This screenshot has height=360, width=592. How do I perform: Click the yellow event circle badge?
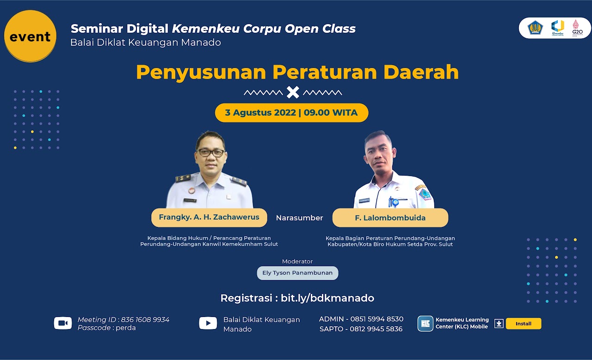click(x=30, y=36)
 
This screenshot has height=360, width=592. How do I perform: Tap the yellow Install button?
click(x=523, y=323)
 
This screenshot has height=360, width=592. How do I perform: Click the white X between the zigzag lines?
click(x=293, y=92)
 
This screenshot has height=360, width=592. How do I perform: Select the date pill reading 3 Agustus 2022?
click(x=291, y=113)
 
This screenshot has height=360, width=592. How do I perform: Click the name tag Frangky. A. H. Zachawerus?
click(x=209, y=217)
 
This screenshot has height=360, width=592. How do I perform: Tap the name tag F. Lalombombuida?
click(x=390, y=218)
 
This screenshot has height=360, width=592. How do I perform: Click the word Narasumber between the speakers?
click(x=299, y=218)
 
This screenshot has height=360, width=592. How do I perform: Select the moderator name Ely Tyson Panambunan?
click(x=297, y=273)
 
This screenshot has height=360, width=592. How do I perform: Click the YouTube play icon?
click(x=208, y=323)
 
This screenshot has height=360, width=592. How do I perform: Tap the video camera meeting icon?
click(x=63, y=323)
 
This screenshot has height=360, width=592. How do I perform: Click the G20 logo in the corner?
click(x=577, y=28)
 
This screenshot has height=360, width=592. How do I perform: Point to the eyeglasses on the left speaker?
click(x=211, y=153)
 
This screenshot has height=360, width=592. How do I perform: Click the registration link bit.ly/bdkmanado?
click(x=327, y=298)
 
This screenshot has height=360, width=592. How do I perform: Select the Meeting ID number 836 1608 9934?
click(x=145, y=320)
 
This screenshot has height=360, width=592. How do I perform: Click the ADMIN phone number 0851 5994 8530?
click(x=377, y=319)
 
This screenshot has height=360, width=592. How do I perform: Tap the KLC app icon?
click(x=425, y=323)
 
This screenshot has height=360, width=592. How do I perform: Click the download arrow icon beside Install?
click(x=499, y=323)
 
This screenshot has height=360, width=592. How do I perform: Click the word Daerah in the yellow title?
click(x=421, y=72)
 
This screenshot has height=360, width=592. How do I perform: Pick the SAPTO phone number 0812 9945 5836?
click(x=376, y=329)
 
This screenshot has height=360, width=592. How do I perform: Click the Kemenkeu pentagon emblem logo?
click(x=535, y=28)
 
